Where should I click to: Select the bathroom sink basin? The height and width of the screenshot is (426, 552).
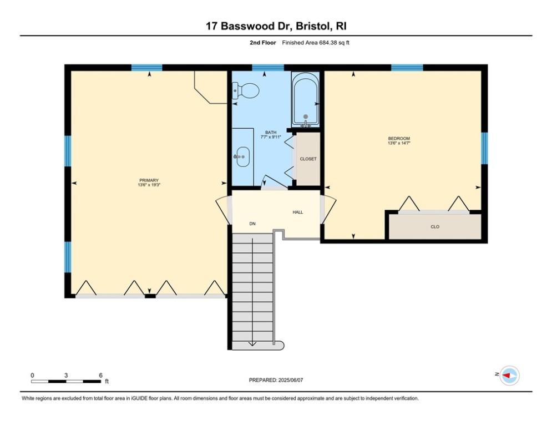pyautogui.click(x=242, y=157)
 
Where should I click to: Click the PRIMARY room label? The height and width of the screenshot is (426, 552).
pyautogui.click(x=149, y=180)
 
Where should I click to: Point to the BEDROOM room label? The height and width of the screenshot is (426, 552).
pyautogui.click(x=398, y=138)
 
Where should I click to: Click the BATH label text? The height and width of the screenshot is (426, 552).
pyautogui.click(x=270, y=133)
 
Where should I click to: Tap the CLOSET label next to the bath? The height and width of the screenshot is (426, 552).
pyautogui.click(x=308, y=159)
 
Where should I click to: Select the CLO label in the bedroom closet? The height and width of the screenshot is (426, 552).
pyautogui.click(x=434, y=227)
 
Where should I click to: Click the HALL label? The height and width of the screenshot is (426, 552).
pyautogui.click(x=298, y=212)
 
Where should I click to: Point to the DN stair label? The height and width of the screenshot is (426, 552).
pyautogui.click(x=252, y=224)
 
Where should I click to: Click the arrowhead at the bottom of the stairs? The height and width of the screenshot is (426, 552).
pyautogui.click(x=252, y=343)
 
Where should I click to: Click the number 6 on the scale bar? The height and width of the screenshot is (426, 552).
pyautogui.click(x=100, y=375)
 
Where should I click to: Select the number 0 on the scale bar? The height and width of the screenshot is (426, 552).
pyautogui.click(x=32, y=375)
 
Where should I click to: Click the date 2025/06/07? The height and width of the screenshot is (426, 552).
pyautogui.click(x=292, y=380)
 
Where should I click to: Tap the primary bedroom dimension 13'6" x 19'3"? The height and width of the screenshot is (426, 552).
pyautogui.click(x=149, y=185)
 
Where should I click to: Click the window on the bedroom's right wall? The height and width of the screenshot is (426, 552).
pyautogui.click(x=484, y=148)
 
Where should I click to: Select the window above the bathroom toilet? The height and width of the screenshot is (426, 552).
pyautogui.click(x=268, y=68)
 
